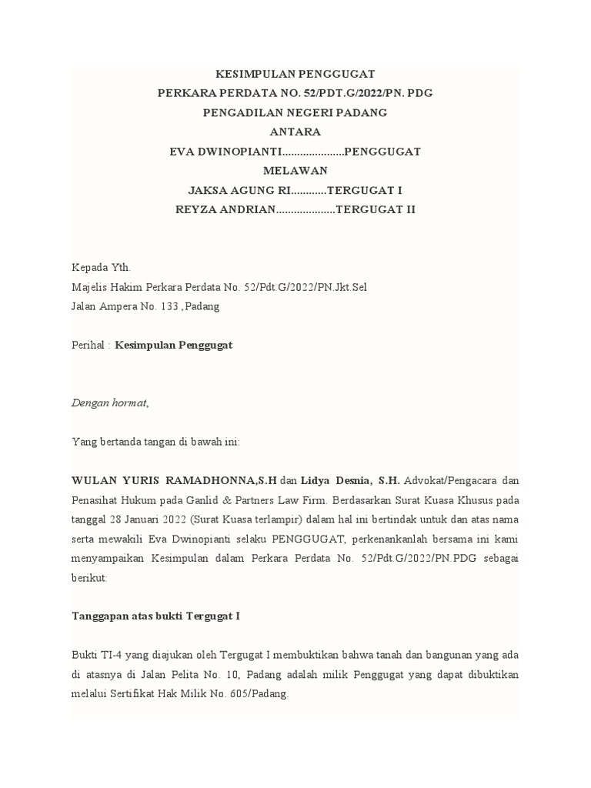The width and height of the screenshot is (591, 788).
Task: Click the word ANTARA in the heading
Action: [295, 132]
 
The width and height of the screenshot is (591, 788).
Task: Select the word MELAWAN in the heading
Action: [295, 171]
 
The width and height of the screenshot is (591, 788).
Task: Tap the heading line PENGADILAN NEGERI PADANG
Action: [295, 113]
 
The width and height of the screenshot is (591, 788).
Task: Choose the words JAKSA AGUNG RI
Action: [235, 190]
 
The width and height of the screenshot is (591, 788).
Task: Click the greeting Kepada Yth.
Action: [102, 269]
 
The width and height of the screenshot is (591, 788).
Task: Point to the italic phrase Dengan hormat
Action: [110, 402]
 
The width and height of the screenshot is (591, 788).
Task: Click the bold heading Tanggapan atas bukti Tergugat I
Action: [156, 616]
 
